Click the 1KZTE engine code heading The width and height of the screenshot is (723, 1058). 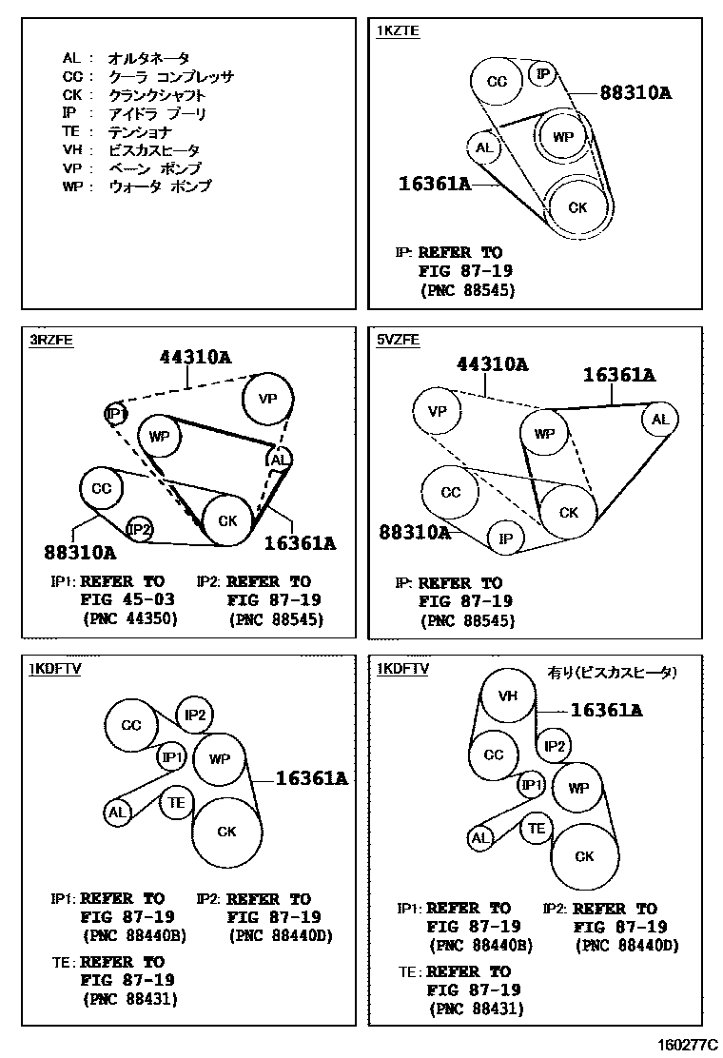click(x=398, y=30)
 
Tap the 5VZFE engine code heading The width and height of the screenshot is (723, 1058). click(x=398, y=340)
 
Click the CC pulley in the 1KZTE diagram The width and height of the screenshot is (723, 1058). click(x=497, y=82)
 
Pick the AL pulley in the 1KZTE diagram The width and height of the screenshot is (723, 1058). click(x=484, y=147)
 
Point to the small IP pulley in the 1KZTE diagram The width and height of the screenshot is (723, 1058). click(x=542, y=73)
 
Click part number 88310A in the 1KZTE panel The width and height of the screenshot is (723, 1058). click(x=635, y=92)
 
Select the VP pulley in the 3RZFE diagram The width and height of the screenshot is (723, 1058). click(x=267, y=400)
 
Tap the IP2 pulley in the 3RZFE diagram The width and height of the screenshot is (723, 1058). click(x=140, y=529)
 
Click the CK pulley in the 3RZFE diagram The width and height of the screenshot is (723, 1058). click(x=227, y=520)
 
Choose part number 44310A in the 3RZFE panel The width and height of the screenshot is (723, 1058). click(x=196, y=358)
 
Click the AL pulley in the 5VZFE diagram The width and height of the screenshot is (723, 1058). click(x=659, y=420)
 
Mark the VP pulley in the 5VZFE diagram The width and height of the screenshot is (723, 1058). click(x=437, y=412)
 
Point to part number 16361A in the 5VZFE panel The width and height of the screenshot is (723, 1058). click(x=619, y=375)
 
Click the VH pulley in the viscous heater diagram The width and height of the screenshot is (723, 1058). click(x=508, y=696)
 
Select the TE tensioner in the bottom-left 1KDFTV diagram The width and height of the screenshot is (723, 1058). click(x=176, y=802)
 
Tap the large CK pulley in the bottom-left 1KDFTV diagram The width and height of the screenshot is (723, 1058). click(x=226, y=832)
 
